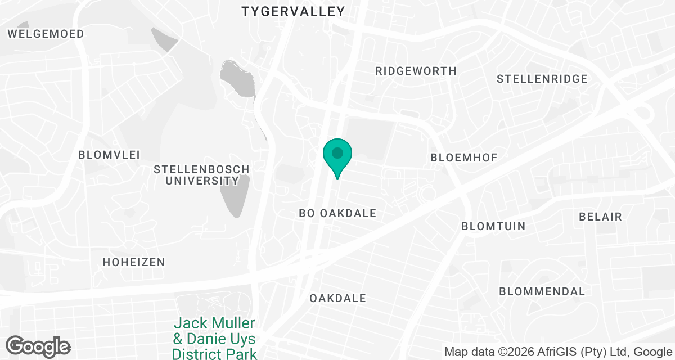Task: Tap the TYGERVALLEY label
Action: [x=292, y=11]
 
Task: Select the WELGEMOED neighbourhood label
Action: [x=46, y=34]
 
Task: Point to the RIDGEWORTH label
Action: [x=416, y=71]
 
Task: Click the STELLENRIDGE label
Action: [x=542, y=79]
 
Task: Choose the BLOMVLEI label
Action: [x=109, y=155]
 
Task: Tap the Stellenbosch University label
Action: [x=201, y=175]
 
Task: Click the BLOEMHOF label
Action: [x=464, y=157]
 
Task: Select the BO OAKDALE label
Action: [x=337, y=214]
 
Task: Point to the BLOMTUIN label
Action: [x=493, y=227]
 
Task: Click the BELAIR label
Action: [x=601, y=217]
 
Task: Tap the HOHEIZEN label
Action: [x=134, y=262]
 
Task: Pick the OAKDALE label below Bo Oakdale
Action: [x=337, y=298]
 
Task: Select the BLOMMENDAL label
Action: [x=542, y=292]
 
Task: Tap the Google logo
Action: [x=38, y=346]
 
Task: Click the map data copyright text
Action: [x=559, y=352]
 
